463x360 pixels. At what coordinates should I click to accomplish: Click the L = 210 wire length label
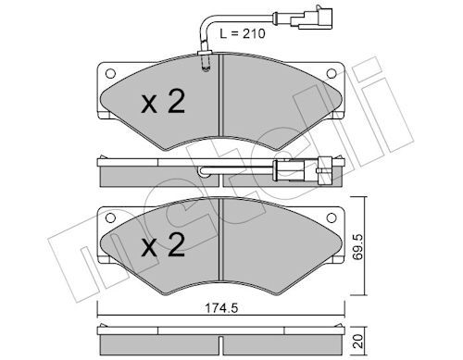[x=243, y=33]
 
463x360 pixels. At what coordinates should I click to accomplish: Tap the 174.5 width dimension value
[x=221, y=308]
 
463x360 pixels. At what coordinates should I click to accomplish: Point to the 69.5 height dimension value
[x=358, y=247]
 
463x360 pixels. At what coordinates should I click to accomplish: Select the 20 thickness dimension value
[x=358, y=341]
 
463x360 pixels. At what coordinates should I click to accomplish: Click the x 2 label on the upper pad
[x=163, y=101]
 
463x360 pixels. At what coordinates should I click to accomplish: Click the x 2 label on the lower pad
[x=163, y=244]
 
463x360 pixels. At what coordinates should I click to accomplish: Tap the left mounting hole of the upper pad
[x=110, y=73]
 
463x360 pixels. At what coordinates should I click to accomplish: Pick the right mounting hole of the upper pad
[x=332, y=73]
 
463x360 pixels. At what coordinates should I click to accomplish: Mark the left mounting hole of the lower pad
[x=110, y=217]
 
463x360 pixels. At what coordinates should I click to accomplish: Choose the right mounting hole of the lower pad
[x=332, y=217]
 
